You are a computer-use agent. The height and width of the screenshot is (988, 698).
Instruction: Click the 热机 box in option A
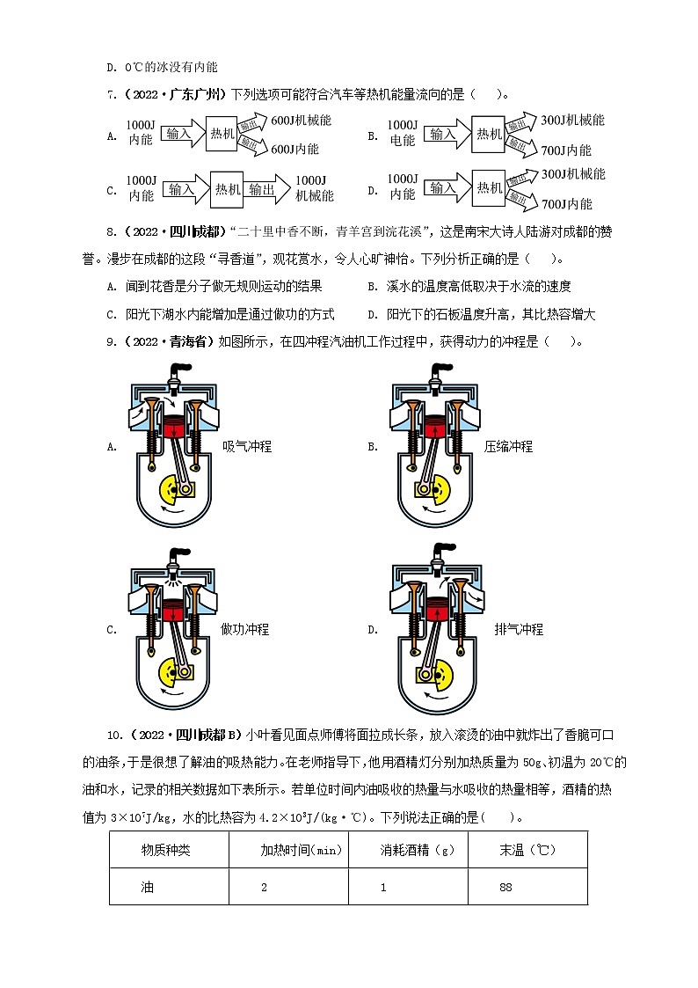pos(223,134)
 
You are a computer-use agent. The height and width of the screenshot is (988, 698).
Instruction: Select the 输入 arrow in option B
pos(444,134)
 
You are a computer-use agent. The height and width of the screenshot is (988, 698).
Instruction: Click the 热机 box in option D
pos(488,187)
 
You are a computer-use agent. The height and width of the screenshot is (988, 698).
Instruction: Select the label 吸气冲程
pos(246,446)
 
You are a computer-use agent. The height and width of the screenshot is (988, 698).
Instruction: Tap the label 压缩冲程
pos(508,446)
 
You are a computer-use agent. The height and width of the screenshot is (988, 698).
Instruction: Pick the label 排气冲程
pos(519,629)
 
